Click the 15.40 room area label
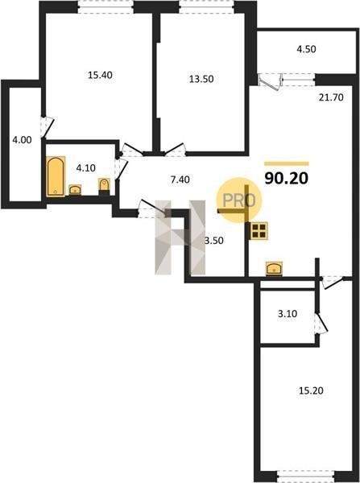[x=100, y=75]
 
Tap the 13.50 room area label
[x=201, y=79]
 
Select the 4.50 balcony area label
[x=306, y=49]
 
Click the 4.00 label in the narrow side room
[x=22, y=140]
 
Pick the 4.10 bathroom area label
[x=85, y=168]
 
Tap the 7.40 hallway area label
[x=180, y=180]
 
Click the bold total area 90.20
[x=287, y=179]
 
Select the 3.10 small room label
[x=288, y=314]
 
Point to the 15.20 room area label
[x=311, y=391]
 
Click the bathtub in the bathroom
[x=56, y=176]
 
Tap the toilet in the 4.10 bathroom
[x=105, y=187]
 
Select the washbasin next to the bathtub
[x=75, y=189]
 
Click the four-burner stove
[x=259, y=231]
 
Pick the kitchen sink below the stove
[x=274, y=268]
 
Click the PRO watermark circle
[x=239, y=200]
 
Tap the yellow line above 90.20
[x=287, y=164]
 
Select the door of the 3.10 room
[x=321, y=322]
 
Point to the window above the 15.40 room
[x=106, y=6]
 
